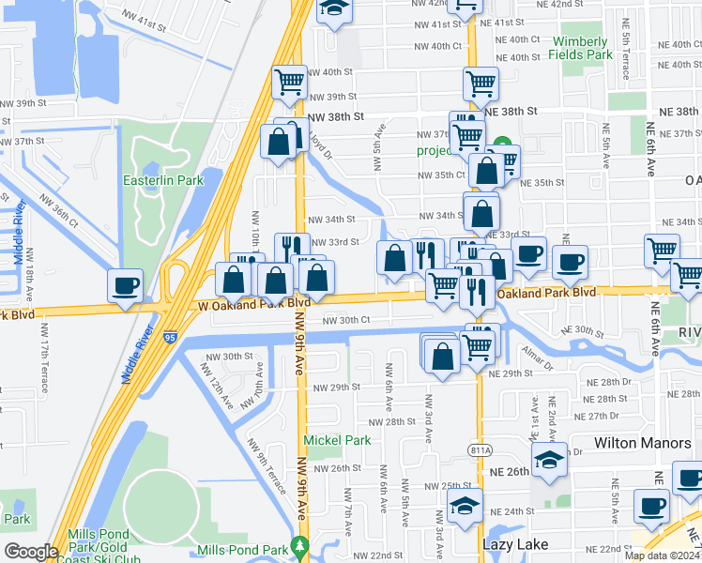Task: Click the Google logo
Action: coord(31,552)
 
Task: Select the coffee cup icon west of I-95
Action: coord(125,285)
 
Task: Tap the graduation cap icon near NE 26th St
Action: coord(549,459)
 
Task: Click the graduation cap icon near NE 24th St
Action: coord(465,505)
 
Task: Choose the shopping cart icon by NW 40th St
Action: coord(289,82)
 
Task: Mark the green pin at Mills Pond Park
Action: coord(299,545)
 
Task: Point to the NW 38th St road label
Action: coord(335,117)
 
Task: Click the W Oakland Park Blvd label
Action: coord(254,304)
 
